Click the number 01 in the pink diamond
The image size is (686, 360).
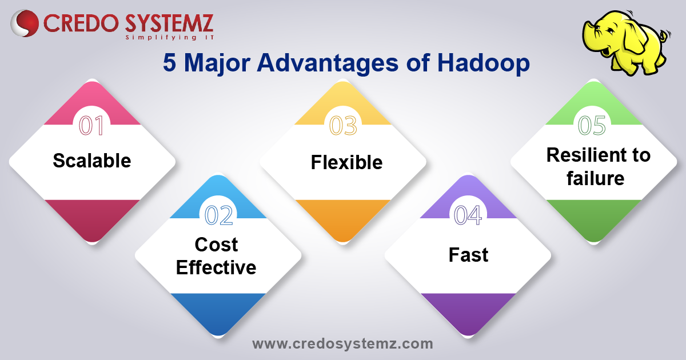click(91, 126)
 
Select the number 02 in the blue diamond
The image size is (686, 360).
click(218, 215)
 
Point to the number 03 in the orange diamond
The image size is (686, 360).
click(343, 126)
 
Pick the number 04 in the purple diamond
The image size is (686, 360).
click(468, 215)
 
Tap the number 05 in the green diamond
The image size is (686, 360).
click(593, 126)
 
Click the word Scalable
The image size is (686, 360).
click(91, 161)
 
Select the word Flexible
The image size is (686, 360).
click(346, 163)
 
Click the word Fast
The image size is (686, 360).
click(468, 255)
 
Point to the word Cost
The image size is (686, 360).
click(216, 245)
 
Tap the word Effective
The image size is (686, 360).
click(216, 267)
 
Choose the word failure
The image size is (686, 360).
click(595, 179)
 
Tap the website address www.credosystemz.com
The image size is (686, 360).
click(342, 344)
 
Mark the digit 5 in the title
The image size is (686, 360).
click(169, 63)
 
